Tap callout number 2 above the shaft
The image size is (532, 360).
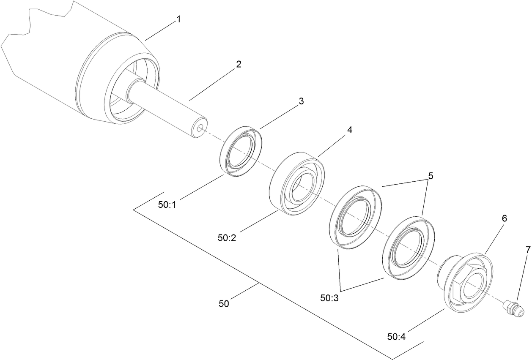[x=239, y=65]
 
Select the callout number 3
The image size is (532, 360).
[x=301, y=101]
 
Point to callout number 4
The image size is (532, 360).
[x=349, y=130]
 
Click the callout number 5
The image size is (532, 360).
[x=431, y=176]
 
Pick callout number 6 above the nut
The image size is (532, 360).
[x=504, y=218]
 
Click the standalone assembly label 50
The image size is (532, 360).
[x=224, y=303]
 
